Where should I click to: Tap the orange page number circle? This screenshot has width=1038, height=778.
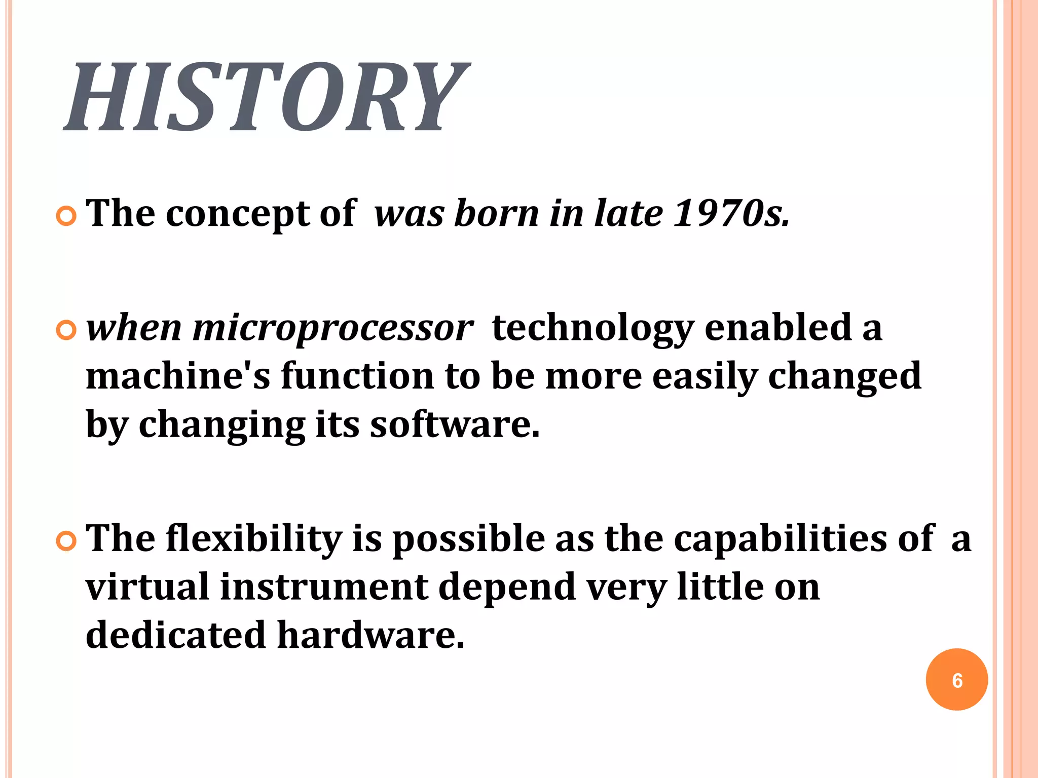coord(956,679)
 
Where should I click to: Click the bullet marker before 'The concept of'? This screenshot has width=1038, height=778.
coord(66,217)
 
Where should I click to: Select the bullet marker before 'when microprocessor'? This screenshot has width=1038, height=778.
coord(66,331)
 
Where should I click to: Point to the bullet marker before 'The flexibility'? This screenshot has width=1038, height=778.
coord(66,541)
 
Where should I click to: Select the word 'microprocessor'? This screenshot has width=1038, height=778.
coord(333,328)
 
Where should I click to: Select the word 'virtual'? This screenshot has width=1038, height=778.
coord(147,587)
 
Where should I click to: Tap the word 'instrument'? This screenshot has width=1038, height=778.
coord(324,587)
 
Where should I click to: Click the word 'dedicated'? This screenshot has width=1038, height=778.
coord(176,635)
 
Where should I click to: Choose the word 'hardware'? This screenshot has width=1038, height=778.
coord(370,635)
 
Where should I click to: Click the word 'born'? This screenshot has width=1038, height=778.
coord(497,213)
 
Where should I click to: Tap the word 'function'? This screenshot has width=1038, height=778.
coord(357,376)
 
